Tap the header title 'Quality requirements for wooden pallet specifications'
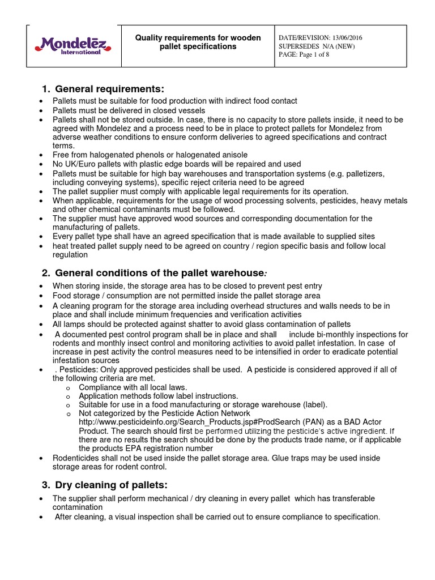click(197, 42)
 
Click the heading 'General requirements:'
click(109, 89)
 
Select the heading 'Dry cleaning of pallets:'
click(112, 485)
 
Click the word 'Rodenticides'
click(77, 458)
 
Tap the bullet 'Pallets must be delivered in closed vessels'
click(129, 110)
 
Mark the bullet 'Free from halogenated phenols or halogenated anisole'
click(150, 155)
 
